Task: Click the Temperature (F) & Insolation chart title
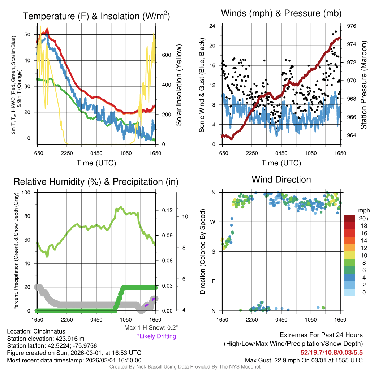[x=96, y=16]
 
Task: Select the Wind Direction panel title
[x=281, y=179]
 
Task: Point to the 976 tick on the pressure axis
[x=352, y=26]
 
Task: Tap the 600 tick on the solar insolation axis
[x=167, y=55]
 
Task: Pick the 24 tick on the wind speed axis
[x=212, y=26]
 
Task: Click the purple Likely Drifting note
[x=156, y=336]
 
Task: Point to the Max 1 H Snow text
[x=151, y=328]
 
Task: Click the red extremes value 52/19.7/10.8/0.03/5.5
[x=331, y=352]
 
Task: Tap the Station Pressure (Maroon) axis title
[x=364, y=85]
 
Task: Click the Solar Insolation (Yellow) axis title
[x=178, y=85]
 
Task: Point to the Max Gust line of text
[x=304, y=360]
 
